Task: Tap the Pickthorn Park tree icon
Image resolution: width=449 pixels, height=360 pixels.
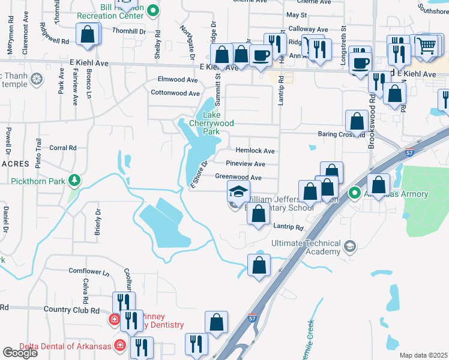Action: point(74,179)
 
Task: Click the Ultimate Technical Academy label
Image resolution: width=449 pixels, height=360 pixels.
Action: point(305,248)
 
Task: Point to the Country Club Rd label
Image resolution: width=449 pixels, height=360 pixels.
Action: point(71,310)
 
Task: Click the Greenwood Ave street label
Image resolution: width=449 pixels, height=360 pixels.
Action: point(238,178)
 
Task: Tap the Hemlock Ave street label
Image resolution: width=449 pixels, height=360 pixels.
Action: point(255,151)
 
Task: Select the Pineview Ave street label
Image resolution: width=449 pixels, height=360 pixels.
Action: point(246,164)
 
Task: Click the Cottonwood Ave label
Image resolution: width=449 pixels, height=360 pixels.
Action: point(175,94)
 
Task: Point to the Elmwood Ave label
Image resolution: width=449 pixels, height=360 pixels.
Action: point(177,79)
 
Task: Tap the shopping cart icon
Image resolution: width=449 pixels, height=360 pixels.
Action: point(426,45)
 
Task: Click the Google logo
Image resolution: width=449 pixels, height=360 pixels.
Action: point(20,353)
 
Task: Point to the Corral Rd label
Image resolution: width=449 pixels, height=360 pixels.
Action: point(63,148)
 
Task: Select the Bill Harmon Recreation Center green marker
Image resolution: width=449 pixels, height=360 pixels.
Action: point(153,10)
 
